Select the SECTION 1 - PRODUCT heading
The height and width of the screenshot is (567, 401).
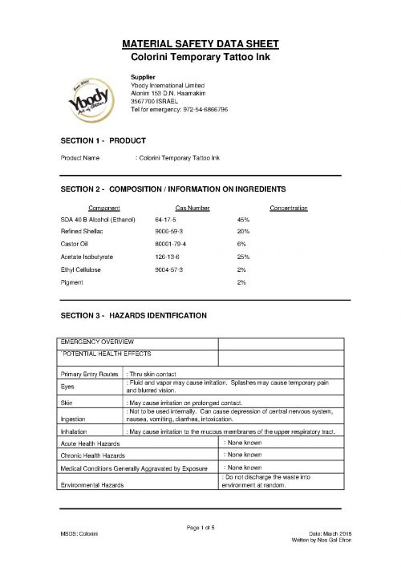pyautogui.click(x=100, y=141)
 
